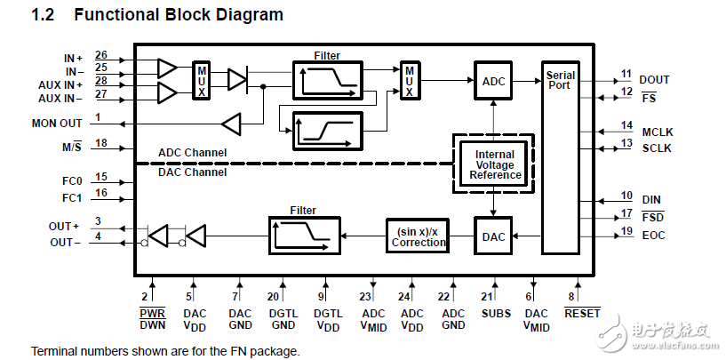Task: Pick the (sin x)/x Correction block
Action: pyautogui.click(x=419, y=236)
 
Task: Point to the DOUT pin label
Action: pyautogui.click(x=654, y=80)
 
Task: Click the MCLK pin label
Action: pyautogui.click(x=657, y=132)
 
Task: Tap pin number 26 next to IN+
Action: pyautogui.click(x=100, y=55)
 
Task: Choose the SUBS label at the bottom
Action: pyautogui.click(x=496, y=313)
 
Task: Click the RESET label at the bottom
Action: pyautogui.click(x=582, y=313)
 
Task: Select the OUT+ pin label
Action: pyautogui.click(x=64, y=227)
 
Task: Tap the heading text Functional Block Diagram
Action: pyautogui.click(x=179, y=15)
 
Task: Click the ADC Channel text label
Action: pyautogui.click(x=192, y=153)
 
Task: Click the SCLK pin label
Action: pyautogui.click(x=657, y=148)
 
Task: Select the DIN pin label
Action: pyautogui.click(x=651, y=200)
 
